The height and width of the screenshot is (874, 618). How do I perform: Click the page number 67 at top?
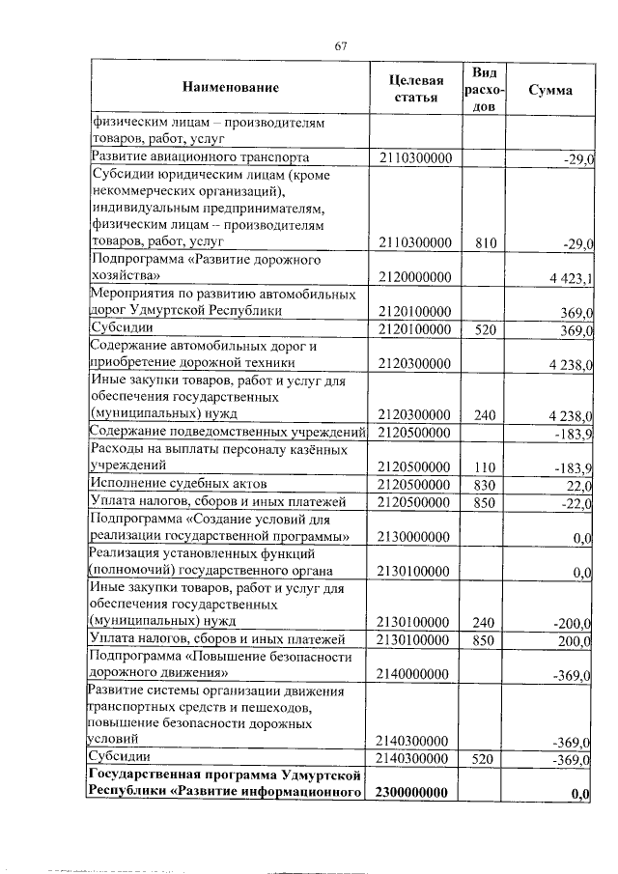[340, 44]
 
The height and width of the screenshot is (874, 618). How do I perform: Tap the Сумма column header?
[550, 89]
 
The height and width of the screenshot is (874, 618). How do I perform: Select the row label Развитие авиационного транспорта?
[200, 156]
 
